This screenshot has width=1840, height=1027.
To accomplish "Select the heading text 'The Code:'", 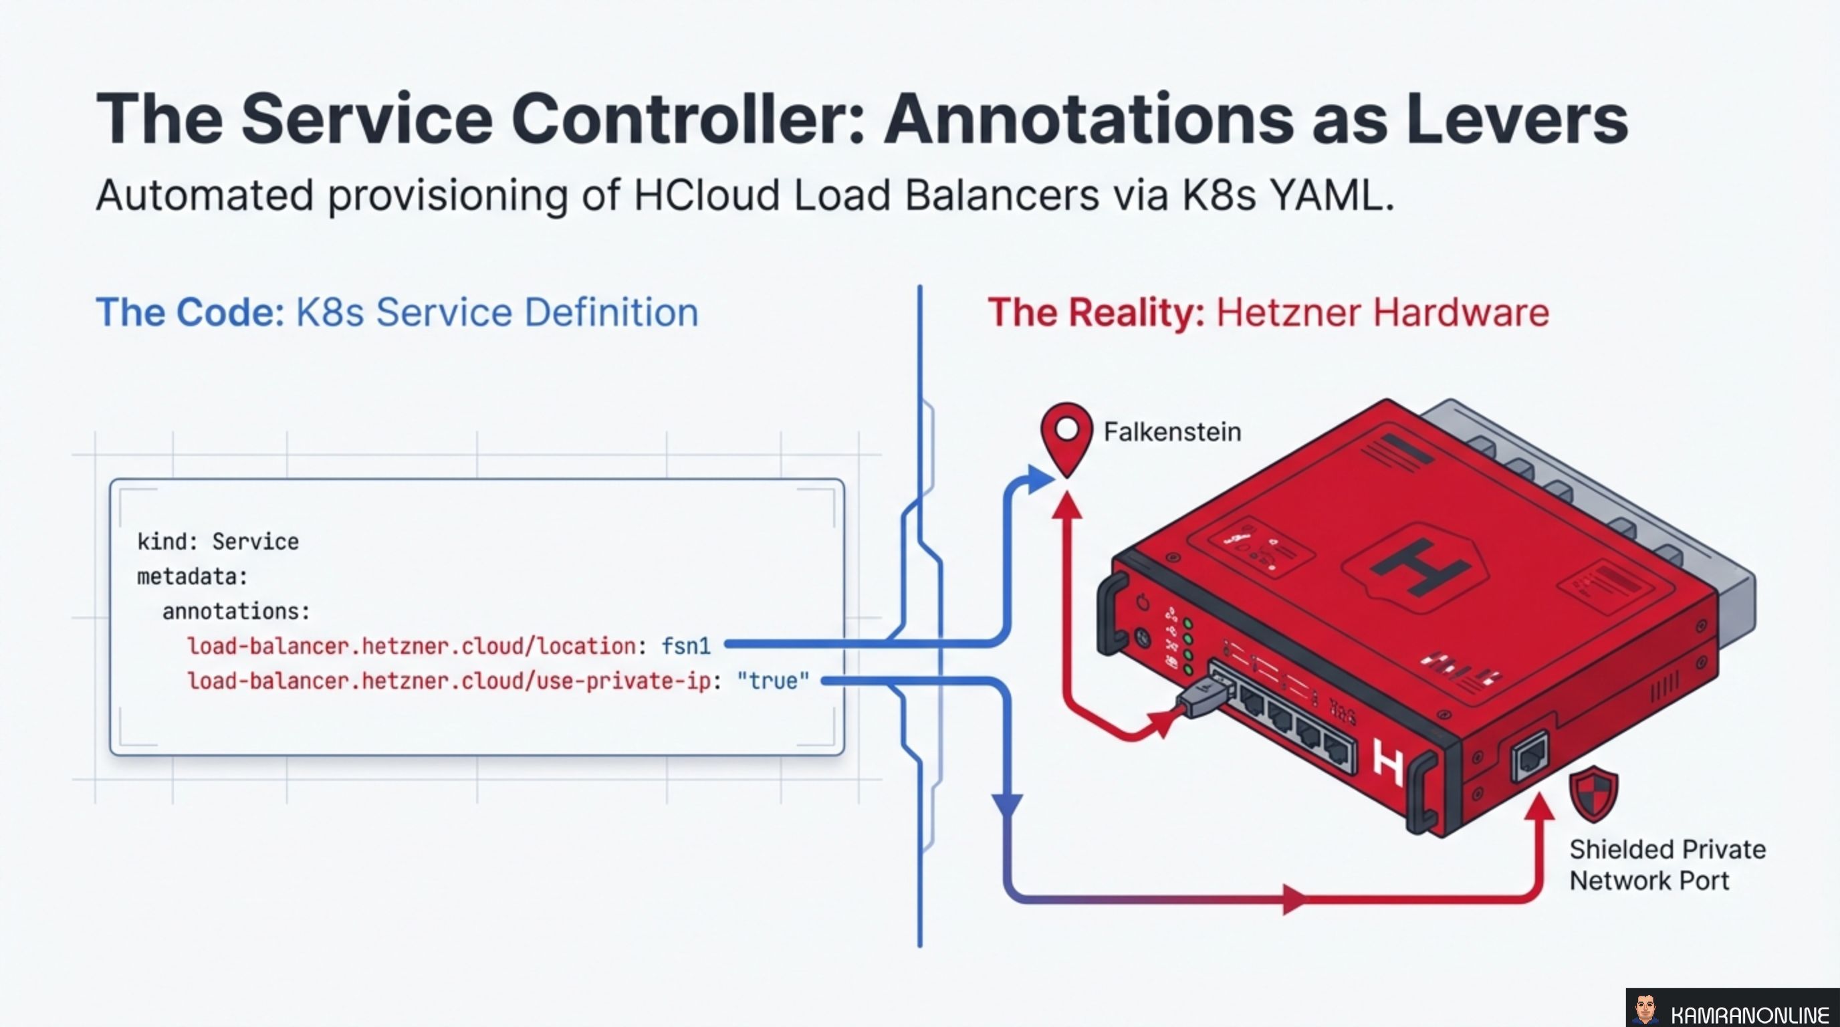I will [x=190, y=312].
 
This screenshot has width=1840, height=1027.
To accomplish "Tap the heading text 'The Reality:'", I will [x=1096, y=312].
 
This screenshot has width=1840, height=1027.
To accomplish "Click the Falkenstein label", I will [x=1172, y=432].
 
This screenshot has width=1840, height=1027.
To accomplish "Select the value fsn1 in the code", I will [x=686, y=647].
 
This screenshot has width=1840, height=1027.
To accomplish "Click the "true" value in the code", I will [x=774, y=681].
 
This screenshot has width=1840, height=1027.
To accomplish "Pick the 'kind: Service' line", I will [x=218, y=542].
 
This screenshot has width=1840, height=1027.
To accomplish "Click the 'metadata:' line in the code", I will [x=192, y=577].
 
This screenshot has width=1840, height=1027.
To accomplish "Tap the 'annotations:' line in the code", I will [x=236, y=612].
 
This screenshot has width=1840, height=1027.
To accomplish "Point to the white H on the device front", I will [x=1388, y=762].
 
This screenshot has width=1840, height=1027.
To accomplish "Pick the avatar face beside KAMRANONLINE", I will [x=1645, y=1010].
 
